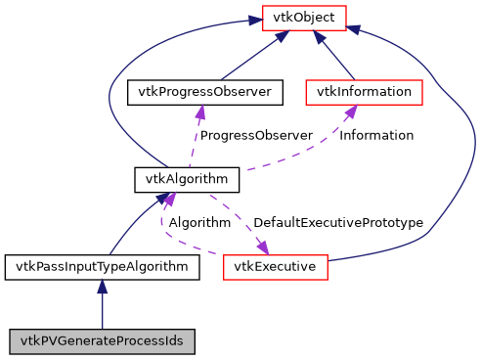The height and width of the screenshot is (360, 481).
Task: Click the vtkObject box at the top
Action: [302, 18]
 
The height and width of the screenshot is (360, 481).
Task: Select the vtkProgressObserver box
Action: [205, 93]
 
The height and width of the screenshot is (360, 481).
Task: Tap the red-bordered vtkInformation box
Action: [364, 93]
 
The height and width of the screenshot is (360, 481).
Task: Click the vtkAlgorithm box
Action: [187, 179]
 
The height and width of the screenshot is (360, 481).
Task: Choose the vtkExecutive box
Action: [275, 265]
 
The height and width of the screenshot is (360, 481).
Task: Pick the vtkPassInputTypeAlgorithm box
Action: [103, 265]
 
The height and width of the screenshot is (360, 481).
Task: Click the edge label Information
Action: [376, 135]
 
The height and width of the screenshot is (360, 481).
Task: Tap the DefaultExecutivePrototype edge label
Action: [338, 222]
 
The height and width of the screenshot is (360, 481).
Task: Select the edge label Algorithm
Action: [199, 222]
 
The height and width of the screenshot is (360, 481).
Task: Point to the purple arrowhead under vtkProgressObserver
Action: [200, 113]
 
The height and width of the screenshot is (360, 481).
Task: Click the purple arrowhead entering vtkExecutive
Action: [262, 246]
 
